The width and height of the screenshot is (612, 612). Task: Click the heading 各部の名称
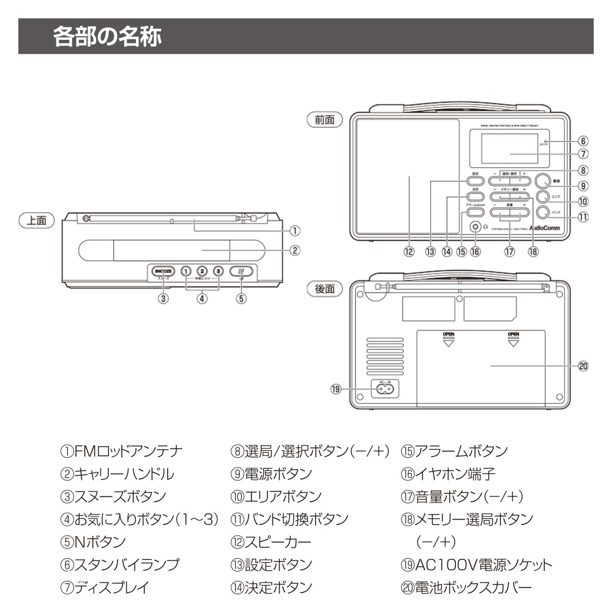(107, 37)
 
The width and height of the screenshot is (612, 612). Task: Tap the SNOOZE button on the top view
(164, 271)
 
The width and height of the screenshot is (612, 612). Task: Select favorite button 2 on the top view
(202, 271)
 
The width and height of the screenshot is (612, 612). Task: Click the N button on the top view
(241, 271)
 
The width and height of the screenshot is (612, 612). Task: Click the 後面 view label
(324, 289)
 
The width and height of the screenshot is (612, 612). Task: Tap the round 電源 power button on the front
(543, 181)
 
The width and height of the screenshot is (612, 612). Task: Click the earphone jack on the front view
(475, 226)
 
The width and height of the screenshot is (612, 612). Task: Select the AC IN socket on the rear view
(384, 389)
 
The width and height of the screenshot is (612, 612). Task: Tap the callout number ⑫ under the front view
(409, 252)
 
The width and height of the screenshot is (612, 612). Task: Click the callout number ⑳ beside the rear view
(583, 366)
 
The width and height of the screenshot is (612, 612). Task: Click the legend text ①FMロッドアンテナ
(121, 451)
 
